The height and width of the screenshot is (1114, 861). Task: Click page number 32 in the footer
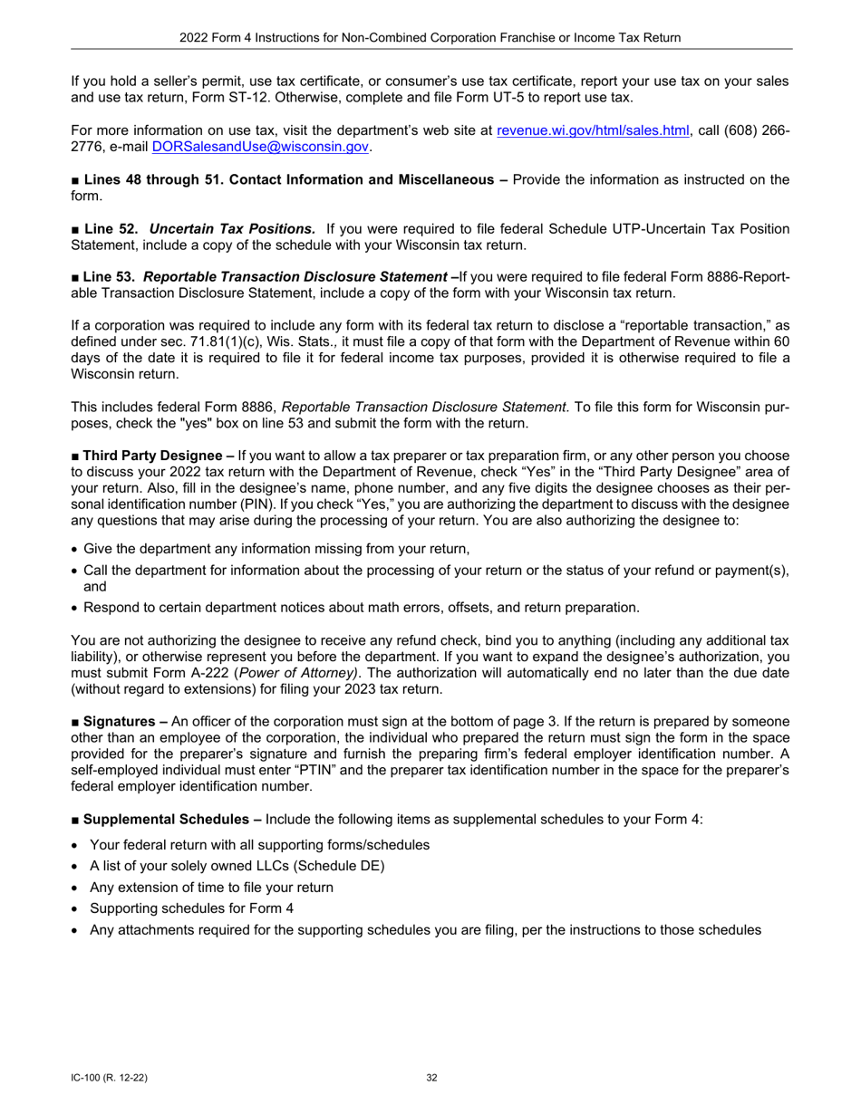coord(431,1078)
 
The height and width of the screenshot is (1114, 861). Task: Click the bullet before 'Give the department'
coord(74,549)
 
